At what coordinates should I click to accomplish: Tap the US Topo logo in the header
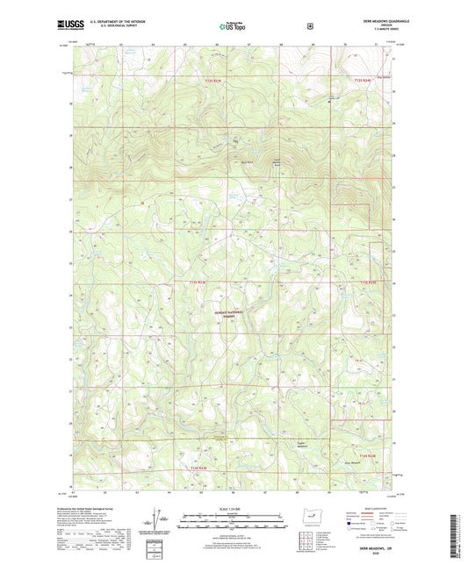point(233,26)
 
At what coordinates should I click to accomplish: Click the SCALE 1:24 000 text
point(233,506)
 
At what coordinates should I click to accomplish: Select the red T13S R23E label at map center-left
point(198,282)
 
